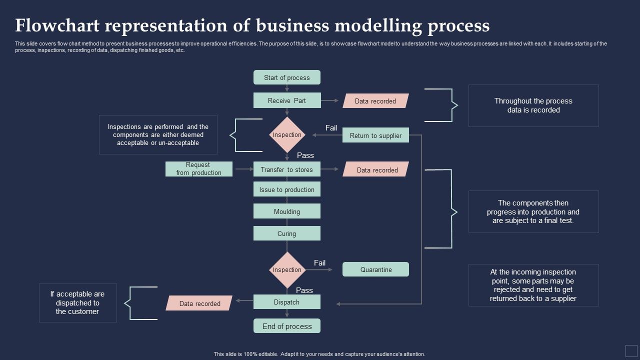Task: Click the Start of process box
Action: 286,77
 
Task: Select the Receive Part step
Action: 286,100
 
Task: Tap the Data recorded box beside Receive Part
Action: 375,101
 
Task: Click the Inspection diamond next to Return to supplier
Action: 287,134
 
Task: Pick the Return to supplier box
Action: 375,135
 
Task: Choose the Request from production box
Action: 198,169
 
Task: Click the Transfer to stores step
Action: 286,169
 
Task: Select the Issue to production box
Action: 286,189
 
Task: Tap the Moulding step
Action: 286,211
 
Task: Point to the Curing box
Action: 286,233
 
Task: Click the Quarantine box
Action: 375,269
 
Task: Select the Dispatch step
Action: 286,302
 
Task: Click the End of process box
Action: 286,326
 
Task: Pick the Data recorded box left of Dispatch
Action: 199,303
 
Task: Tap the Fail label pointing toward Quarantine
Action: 319,263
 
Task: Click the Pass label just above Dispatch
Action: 304,290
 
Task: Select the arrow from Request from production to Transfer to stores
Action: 244,169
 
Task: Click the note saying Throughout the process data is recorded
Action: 533,105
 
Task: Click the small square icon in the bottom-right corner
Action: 631,350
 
